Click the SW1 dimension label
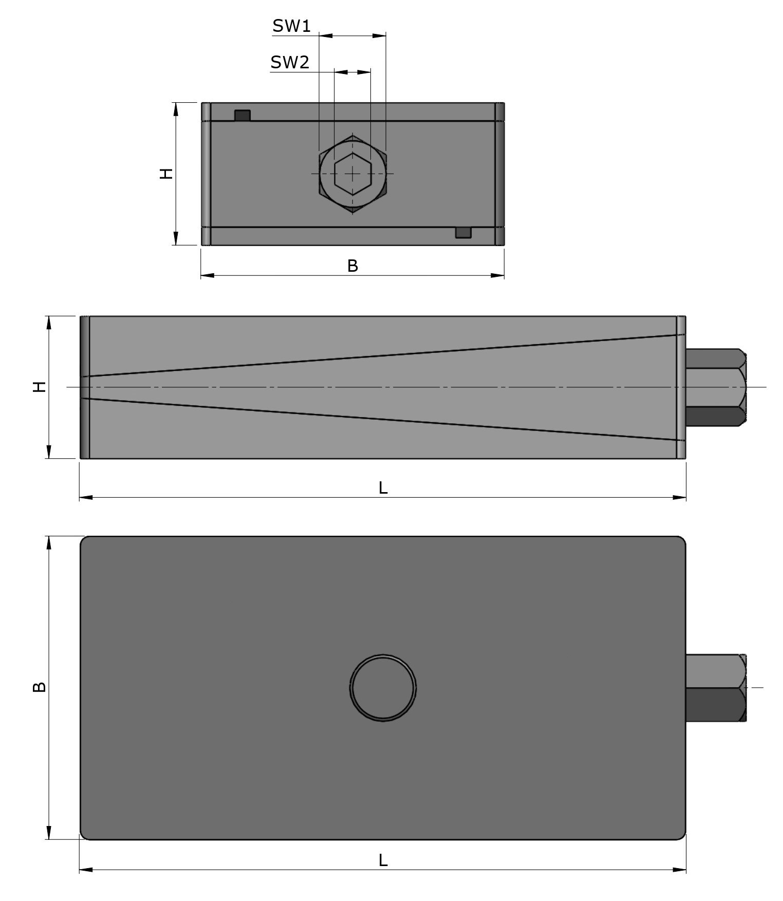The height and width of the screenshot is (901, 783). [291, 26]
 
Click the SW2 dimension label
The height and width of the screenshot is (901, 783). [290, 63]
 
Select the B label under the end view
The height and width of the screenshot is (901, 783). [352, 266]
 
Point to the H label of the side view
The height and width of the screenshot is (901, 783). [40, 387]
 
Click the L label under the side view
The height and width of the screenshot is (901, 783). [383, 488]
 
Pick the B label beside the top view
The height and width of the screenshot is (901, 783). [40, 687]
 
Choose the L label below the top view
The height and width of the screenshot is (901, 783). [383, 860]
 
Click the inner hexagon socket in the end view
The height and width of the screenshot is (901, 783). [352, 174]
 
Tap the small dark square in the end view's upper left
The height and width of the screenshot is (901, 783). [242, 116]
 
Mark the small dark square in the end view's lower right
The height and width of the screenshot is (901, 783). [463, 233]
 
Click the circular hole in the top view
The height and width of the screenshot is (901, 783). [383, 688]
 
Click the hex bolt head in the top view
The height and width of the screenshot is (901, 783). [716, 687]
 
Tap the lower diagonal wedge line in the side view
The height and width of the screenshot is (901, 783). [383, 419]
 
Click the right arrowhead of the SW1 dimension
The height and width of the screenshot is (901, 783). [380, 35]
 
